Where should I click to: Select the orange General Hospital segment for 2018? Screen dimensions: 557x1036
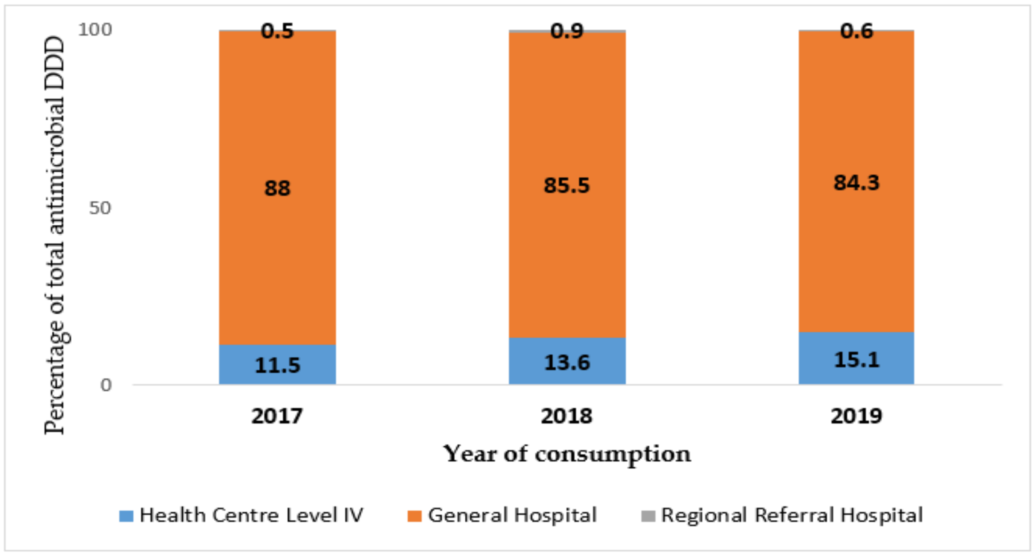(567, 259)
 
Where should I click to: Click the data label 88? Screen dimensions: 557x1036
(277, 188)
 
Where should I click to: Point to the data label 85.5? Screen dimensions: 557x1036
(567, 185)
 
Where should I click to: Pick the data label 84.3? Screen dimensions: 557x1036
(856, 183)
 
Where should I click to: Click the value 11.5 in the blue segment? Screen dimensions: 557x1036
(277, 365)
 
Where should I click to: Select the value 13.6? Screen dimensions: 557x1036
(567, 362)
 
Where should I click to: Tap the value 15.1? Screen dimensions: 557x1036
(856, 360)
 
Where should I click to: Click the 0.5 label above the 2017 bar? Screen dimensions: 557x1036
(277, 31)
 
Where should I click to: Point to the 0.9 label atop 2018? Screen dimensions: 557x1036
(567, 31)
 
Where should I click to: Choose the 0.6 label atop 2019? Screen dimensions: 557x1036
(857, 31)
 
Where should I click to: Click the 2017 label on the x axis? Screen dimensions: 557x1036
(277, 416)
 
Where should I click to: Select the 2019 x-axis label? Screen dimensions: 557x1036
(856, 416)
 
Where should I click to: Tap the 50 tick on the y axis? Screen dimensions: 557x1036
(100, 208)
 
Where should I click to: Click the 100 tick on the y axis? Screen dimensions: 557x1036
(95, 30)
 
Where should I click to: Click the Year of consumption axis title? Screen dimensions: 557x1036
(567, 454)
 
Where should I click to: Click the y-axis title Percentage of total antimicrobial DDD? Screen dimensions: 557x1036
(55, 236)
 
